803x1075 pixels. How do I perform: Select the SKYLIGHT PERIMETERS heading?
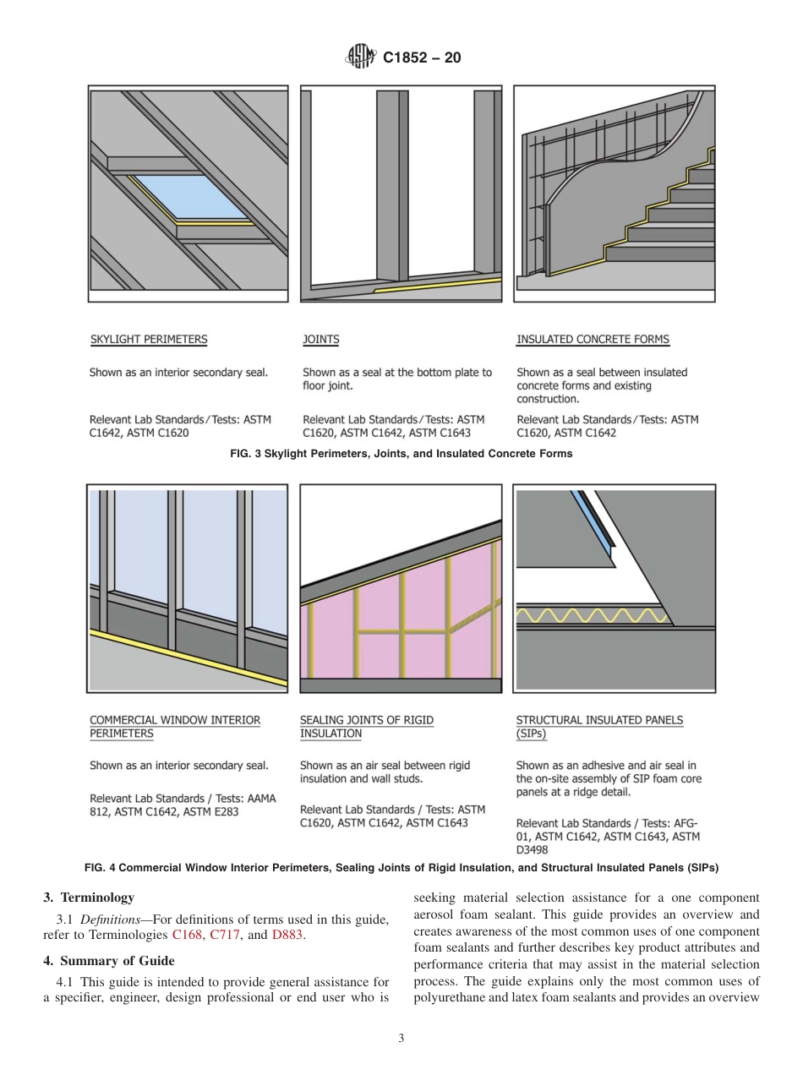tap(148, 340)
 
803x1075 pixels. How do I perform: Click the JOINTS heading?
tap(320, 340)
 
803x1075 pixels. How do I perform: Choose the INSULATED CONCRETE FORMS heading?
tap(593, 340)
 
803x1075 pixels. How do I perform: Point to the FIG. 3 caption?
tap(401, 454)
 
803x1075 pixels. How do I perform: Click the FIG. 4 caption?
tap(401, 868)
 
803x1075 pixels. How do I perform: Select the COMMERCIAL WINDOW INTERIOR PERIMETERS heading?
tap(175, 727)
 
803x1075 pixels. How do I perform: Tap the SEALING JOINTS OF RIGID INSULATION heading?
tap(367, 727)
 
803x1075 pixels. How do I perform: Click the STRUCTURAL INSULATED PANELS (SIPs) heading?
tap(599, 727)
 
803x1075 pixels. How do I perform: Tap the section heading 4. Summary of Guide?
tap(109, 961)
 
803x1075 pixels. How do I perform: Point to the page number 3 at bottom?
tap(401, 1039)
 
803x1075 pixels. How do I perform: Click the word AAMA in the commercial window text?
tap(259, 798)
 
